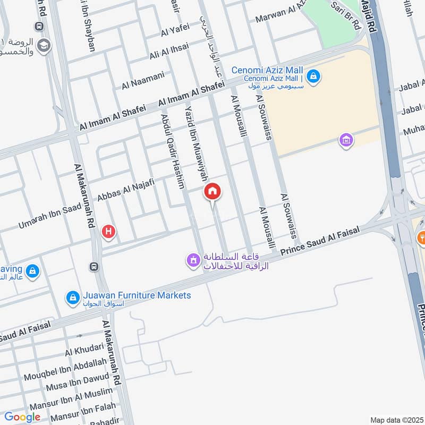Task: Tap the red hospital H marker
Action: tap(109, 232)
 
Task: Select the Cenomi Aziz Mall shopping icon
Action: tap(313, 75)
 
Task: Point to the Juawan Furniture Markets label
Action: tap(137, 295)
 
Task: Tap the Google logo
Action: tap(22, 417)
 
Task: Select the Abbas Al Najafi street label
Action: tap(125, 192)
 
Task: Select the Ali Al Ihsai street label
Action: tap(169, 52)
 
